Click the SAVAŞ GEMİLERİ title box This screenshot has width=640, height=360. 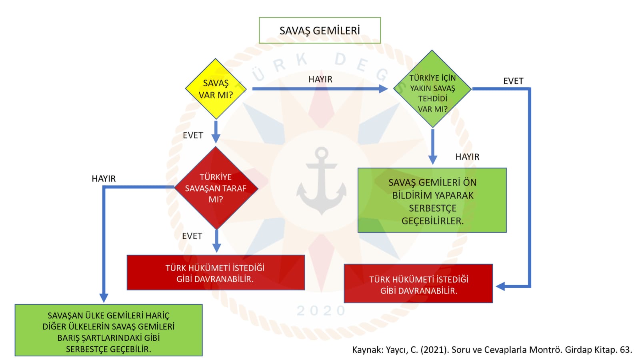coord(320,30)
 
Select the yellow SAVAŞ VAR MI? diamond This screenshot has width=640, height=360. coord(216,89)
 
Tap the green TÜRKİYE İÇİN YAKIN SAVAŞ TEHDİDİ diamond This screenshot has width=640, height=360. coord(432,89)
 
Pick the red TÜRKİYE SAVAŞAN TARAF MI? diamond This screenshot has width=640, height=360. coord(216,188)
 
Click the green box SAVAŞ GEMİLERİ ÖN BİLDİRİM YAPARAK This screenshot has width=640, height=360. coord(432,200)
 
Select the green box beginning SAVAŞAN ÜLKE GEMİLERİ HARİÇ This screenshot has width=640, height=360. coord(108,330)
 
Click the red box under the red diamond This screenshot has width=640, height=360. coord(216,272)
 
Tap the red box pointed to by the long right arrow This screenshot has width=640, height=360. coord(418,284)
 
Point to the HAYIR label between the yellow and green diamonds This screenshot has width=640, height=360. coord(320,80)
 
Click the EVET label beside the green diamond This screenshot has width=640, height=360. coord(513,81)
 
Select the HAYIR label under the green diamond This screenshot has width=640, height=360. coord(468,157)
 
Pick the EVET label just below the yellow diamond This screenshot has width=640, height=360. coord(193,135)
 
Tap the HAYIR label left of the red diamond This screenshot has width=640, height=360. coord(104,178)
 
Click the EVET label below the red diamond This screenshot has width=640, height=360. coord(192,236)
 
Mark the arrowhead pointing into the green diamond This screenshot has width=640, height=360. coord(384,89)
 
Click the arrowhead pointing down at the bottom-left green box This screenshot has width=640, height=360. coord(104,298)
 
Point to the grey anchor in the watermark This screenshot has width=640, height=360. coord(322,181)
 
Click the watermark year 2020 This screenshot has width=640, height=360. coord(322,311)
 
